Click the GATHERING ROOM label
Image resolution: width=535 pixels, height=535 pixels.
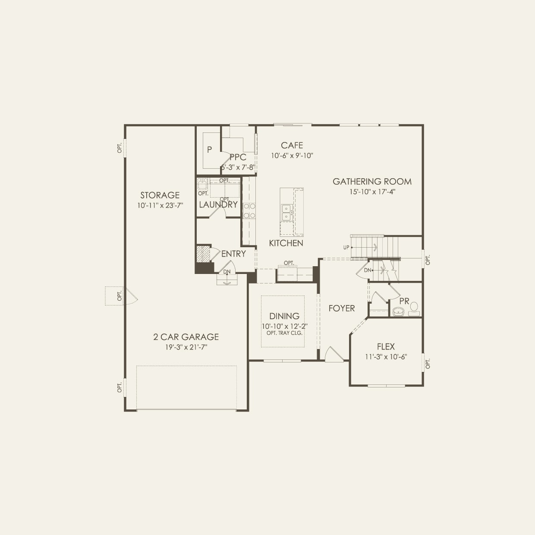[x=372, y=182]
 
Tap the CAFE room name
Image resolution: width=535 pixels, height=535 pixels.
[x=292, y=145]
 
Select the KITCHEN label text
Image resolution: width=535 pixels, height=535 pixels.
[x=286, y=243]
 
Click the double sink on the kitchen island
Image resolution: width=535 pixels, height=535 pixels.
[x=286, y=211]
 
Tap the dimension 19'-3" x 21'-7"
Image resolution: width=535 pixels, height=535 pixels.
[x=186, y=347]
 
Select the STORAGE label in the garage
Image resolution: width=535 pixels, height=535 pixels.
[x=160, y=195]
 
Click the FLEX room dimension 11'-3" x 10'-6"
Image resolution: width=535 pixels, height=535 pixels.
[x=386, y=357]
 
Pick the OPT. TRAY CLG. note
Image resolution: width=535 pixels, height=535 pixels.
[x=284, y=333]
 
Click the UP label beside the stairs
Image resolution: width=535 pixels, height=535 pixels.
[x=346, y=248]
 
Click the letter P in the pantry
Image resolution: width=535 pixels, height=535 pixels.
[x=209, y=150]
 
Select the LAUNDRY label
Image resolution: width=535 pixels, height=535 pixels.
[x=218, y=205]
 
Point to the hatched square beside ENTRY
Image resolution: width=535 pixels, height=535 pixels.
[x=203, y=253]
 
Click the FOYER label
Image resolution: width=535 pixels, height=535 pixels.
[x=342, y=308]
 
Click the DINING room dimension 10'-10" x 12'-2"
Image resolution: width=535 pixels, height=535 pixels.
[x=284, y=326]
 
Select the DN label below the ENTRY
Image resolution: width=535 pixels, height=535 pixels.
[x=227, y=272]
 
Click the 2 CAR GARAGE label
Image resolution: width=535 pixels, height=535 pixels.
[x=186, y=337]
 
